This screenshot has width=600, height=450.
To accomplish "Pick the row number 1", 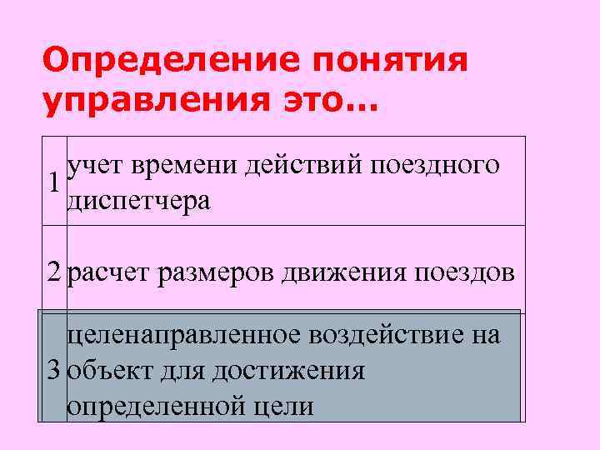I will (x=55, y=182).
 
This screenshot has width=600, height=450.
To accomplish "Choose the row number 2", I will (x=55, y=272).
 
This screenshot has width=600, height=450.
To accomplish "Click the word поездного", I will (x=441, y=166).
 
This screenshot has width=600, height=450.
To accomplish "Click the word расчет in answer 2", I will (x=108, y=272).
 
